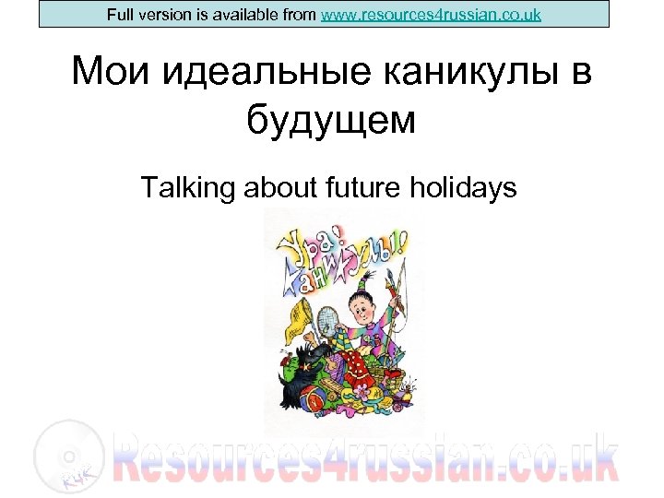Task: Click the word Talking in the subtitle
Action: pyautogui.click(x=189, y=189)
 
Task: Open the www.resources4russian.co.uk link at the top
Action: pyautogui.click(x=431, y=15)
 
